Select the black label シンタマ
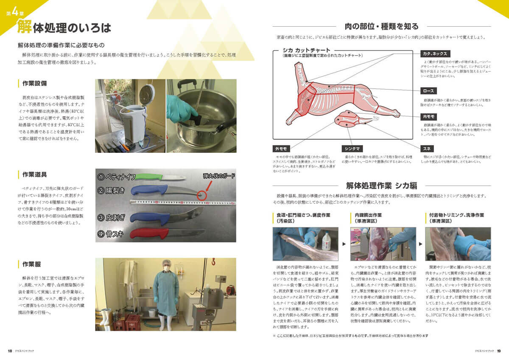click(x=353, y=149)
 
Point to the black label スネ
click(x=426, y=149)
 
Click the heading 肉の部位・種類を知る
click(x=382, y=26)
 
